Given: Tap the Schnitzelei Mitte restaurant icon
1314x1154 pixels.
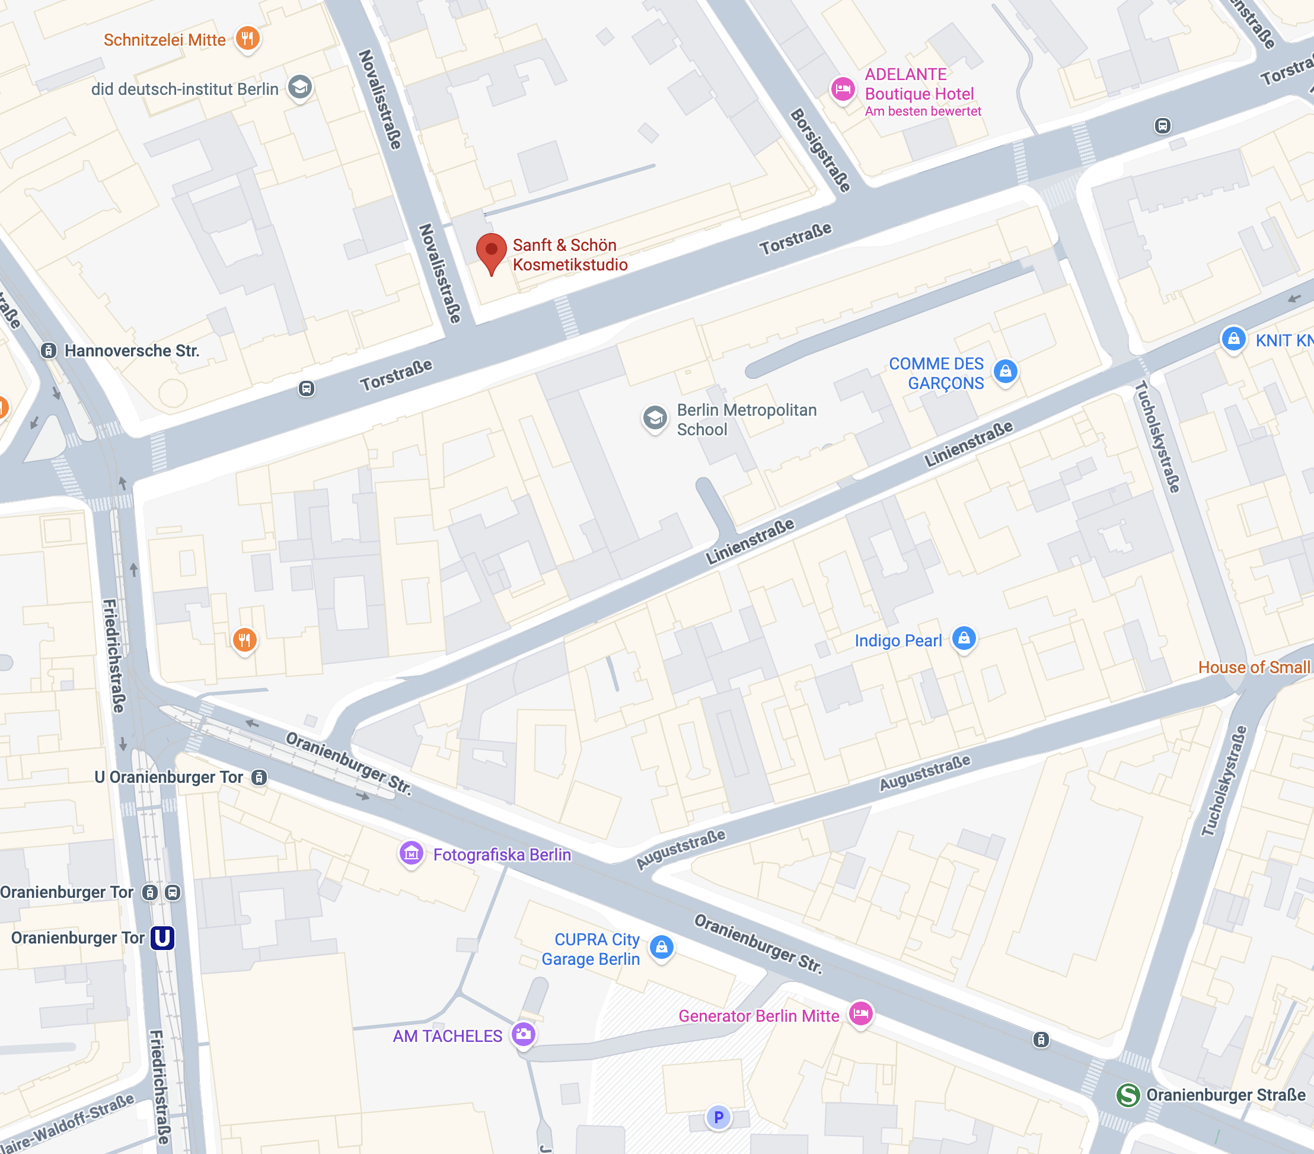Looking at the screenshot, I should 247,38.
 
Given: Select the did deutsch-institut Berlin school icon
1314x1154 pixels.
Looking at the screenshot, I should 299,87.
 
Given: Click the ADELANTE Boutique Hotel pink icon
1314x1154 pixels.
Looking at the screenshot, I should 842,89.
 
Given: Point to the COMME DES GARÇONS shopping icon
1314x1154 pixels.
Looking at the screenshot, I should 1006,371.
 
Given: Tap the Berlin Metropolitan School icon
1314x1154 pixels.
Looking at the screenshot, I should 655,418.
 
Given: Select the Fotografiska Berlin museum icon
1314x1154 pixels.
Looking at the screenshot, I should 412,853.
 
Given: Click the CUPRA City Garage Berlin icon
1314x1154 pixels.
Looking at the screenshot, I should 662,946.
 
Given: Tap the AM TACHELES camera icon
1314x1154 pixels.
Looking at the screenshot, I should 523,1034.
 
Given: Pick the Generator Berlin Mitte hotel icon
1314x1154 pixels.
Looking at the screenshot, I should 861,1013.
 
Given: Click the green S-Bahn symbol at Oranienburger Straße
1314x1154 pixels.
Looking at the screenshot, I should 1128,1095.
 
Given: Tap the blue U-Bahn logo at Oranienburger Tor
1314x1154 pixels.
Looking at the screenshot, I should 162,938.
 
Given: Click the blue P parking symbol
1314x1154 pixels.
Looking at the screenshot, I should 718,1117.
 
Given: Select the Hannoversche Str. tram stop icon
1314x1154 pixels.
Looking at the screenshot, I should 48,350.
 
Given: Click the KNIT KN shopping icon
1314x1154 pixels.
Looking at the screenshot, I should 1233,338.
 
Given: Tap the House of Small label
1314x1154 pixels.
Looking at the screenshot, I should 1254,667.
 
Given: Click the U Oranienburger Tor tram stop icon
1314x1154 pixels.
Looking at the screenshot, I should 259,777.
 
